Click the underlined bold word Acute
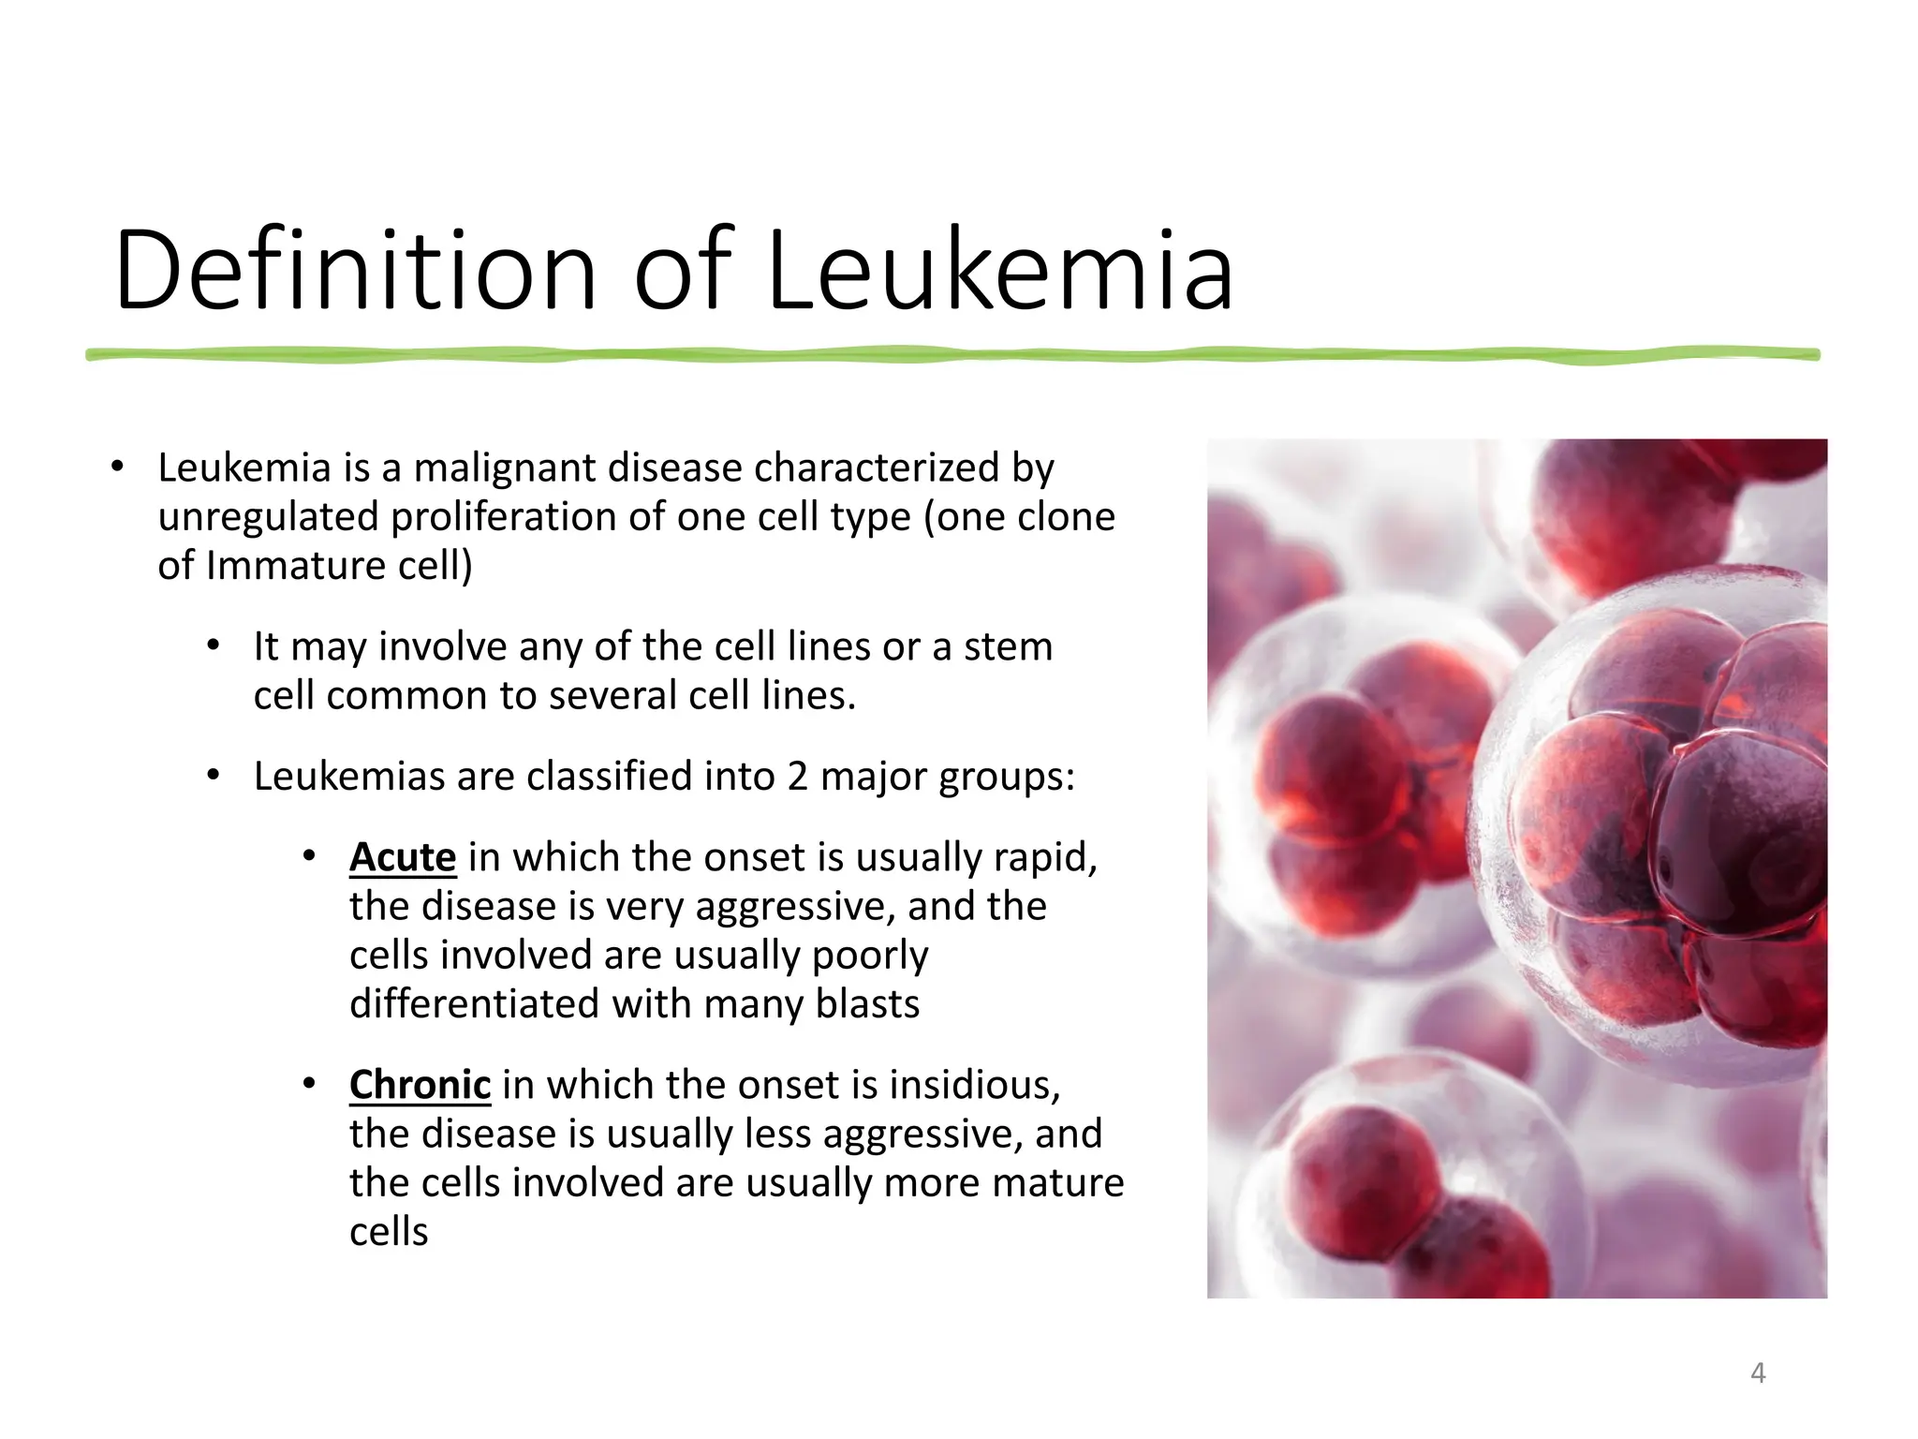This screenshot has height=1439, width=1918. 403,857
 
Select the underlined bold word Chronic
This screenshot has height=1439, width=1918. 420,1085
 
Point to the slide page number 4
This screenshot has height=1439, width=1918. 1758,1373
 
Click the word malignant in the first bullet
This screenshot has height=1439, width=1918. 505,467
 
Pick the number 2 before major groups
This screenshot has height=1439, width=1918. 797,777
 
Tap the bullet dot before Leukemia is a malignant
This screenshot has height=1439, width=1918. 117,467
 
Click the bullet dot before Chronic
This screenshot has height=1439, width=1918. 309,1084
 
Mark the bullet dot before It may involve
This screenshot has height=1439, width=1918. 214,645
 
